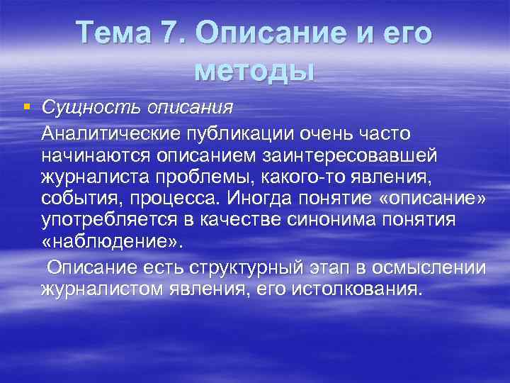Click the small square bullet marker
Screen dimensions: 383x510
click(26, 107)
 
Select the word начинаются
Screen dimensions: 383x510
click(86, 155)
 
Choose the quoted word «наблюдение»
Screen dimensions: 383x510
click(111, 243)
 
